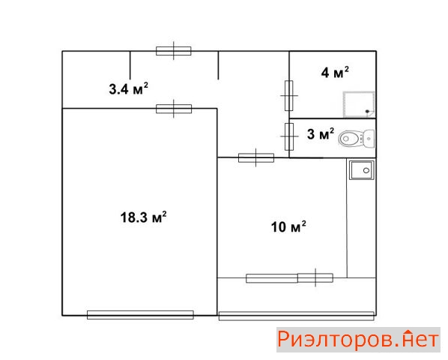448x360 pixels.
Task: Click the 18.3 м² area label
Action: [143, 217]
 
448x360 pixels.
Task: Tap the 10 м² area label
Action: [288, 226]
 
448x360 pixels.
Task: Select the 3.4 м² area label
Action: [129, 88]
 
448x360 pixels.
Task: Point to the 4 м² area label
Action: [335, 72]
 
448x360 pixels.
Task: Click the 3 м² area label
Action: [321, 133]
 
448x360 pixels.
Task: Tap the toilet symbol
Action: [357, 139]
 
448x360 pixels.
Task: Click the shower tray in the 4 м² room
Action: [359, 104]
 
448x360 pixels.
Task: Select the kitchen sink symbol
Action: [361, 170]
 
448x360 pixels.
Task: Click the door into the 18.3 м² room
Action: [174, 109]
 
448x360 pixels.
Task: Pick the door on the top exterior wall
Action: [174, 51]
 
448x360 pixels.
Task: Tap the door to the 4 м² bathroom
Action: [289, 95]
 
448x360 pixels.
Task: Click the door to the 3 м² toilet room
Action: [289, 136]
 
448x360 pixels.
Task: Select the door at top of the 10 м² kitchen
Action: [256, 157]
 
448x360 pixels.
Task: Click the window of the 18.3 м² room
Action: [140, 315]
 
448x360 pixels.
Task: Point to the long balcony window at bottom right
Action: [296, 316]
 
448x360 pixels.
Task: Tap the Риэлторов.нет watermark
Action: [358, 340]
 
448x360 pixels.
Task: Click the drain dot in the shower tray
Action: [367, 112]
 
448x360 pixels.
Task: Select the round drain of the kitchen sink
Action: [366, 171]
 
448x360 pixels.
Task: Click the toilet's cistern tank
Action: [369, 139]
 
